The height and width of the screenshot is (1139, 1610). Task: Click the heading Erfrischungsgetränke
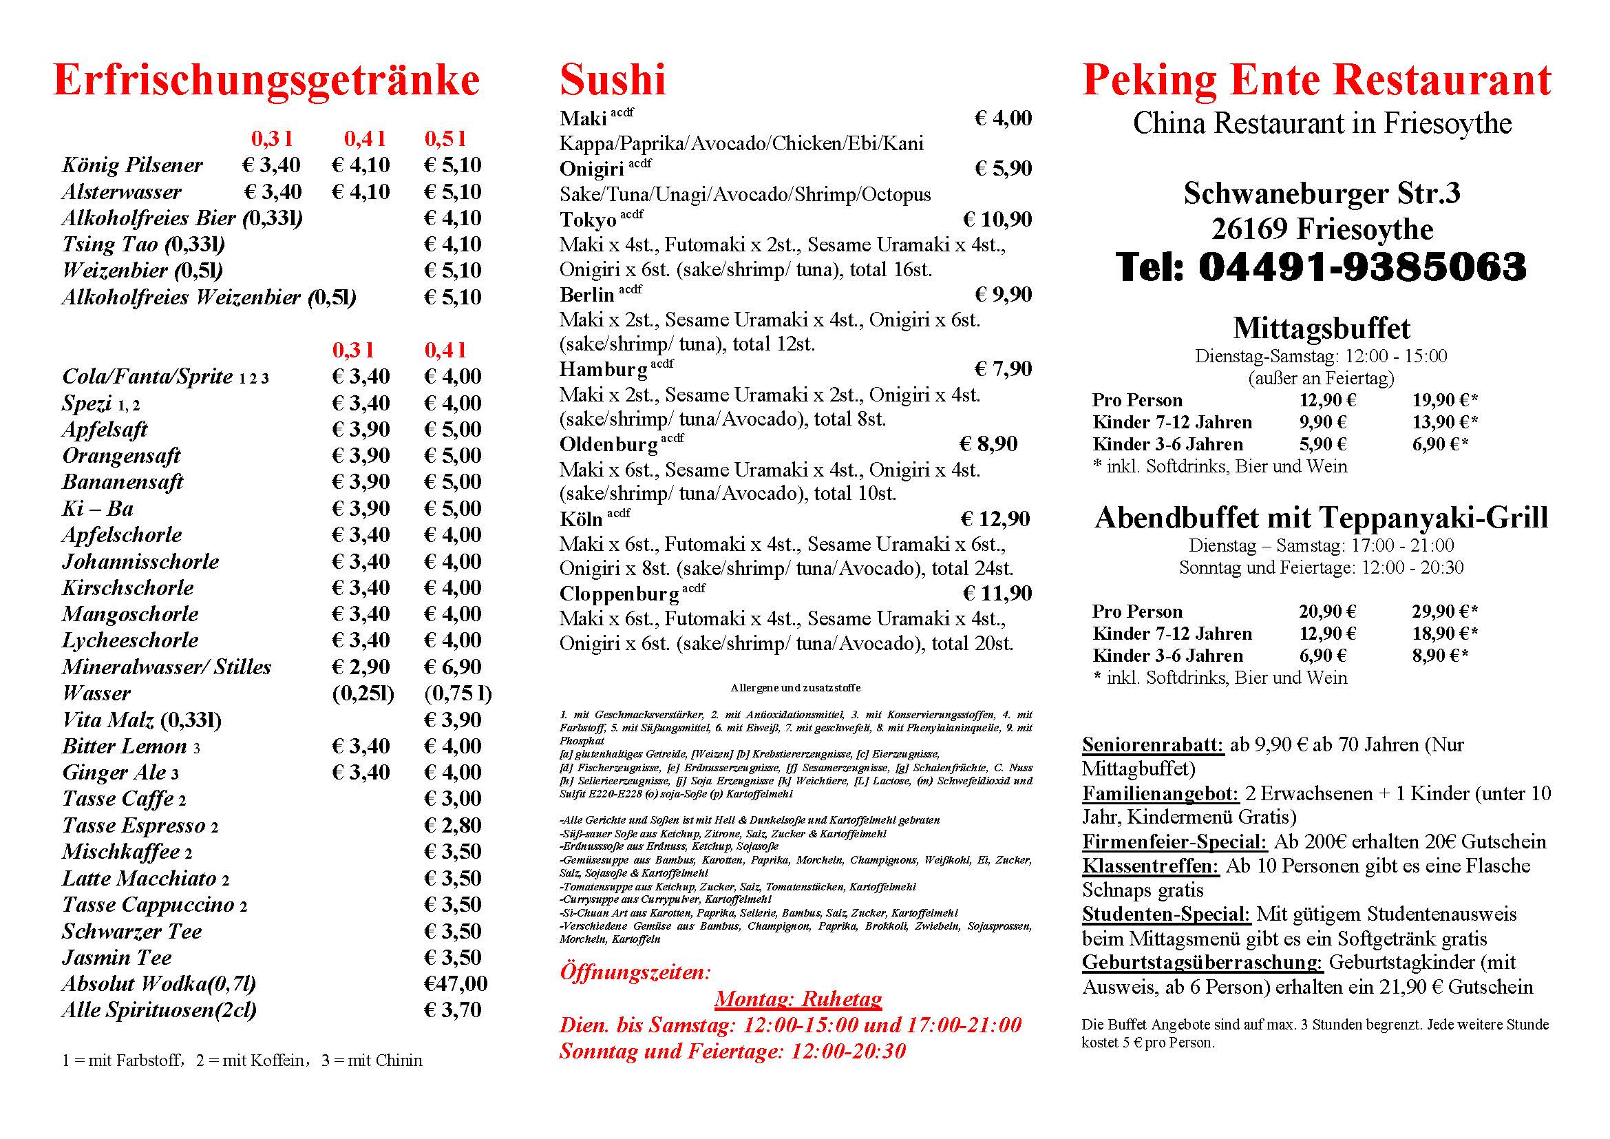click(x=266, y=81)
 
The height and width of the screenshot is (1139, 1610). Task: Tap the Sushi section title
click(x=612, y=81)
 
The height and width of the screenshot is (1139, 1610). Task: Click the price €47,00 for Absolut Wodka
click(x=455, y=984)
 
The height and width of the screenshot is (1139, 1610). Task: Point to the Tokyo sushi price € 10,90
click(x=997, y=220)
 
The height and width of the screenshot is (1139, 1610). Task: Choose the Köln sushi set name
click(x=581, y=520)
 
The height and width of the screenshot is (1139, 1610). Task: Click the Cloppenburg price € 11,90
click(x=997, y=594)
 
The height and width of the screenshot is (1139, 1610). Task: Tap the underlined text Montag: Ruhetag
click(x=798, y=999)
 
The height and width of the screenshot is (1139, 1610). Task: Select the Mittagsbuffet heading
click(x=1321, y=328)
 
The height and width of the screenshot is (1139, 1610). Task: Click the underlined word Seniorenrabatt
click(x=1153, y=745)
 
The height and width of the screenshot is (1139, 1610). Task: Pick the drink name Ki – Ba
click(x=98, y=508)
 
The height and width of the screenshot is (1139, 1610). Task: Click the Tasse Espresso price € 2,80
click(x=453, y=826)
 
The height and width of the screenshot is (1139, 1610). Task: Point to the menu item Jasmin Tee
click(x=116, y=958)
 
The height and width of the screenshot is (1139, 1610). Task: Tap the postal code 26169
click(x=1249, y=229)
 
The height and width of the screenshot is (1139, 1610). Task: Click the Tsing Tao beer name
click(x=110, y=244)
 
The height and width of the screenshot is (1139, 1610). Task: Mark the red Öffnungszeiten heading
click(x=635, y=973)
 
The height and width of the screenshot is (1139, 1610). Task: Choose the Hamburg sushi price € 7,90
click(x=1003, y=370)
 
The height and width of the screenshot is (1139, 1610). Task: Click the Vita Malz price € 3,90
click(x=453, y=720)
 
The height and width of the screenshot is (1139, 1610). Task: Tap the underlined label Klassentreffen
click(x=1151, y=866)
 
